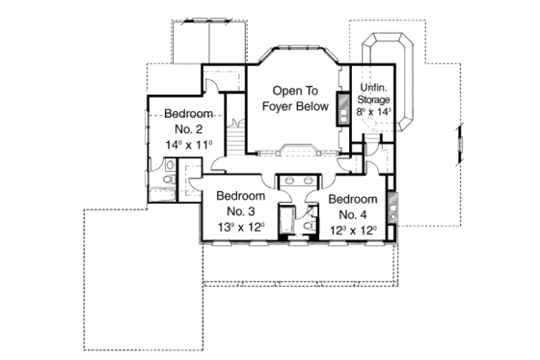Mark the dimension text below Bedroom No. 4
coord(352,229)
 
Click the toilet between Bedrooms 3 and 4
coord(306,225)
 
